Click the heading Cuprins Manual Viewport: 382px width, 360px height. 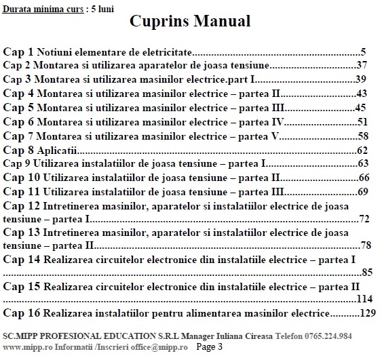coord(190,22)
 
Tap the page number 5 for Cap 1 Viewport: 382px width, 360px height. coord(364,52)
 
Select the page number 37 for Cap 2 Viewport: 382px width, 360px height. coord(361,66)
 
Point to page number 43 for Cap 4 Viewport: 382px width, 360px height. coord(361,94)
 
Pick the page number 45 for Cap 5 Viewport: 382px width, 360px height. coord(361,108)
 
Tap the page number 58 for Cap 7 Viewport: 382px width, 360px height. coord(362,136)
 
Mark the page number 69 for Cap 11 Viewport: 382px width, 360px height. coord(362,192)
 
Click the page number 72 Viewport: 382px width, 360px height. coord(364,219)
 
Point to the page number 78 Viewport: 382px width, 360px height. coord(366,245)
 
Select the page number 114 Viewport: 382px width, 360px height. coord(364,299)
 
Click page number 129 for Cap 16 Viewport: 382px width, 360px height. coord(367,313)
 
